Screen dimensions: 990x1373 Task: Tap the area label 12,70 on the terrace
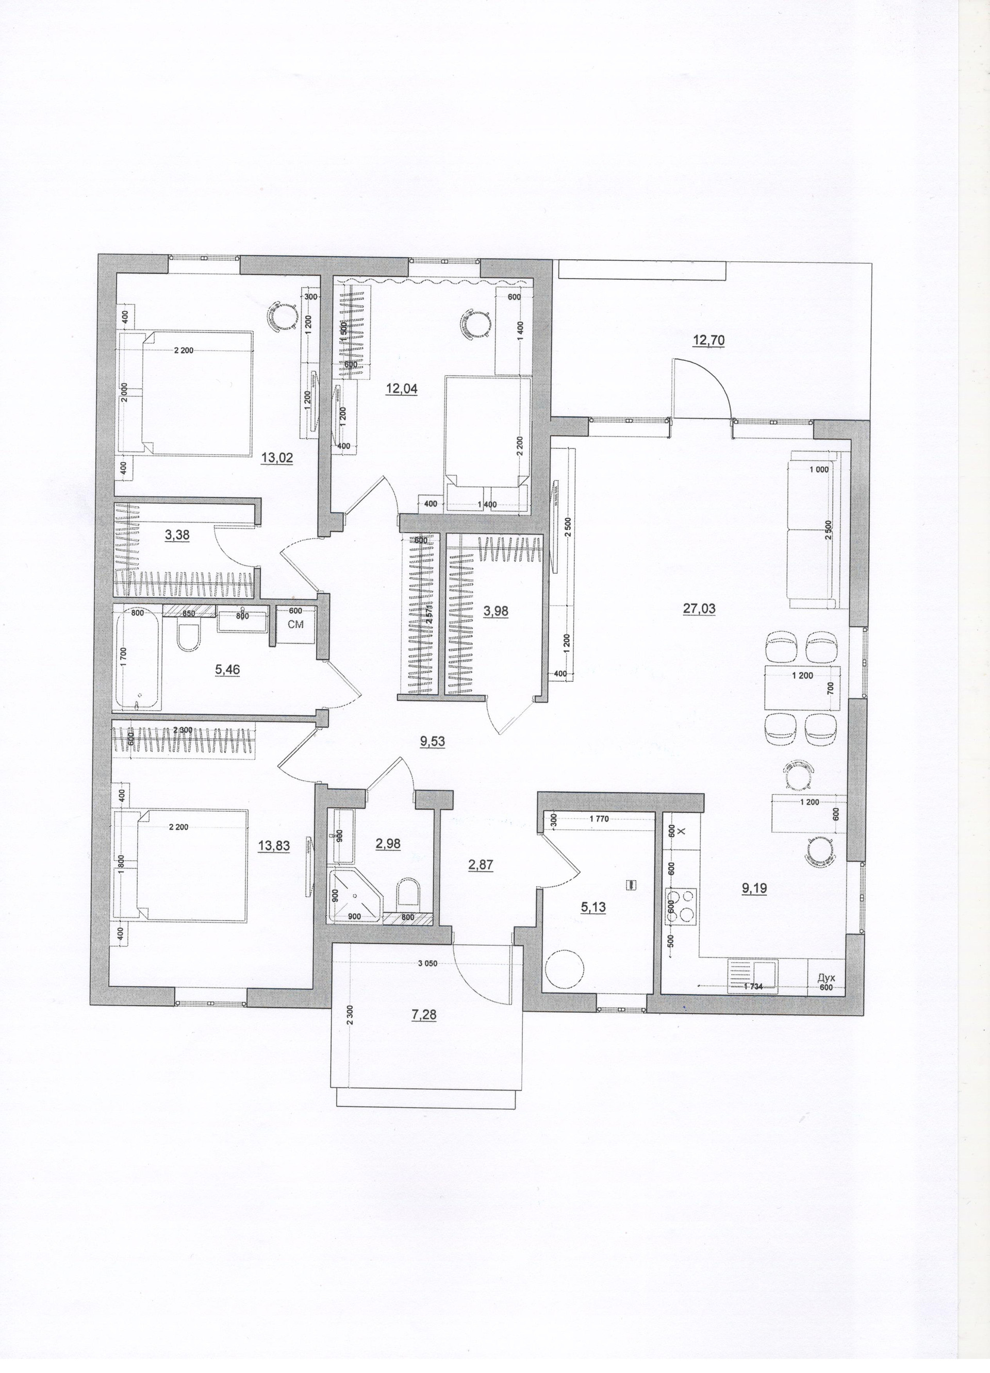(x=708, y=340)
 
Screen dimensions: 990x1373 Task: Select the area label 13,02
(x=277, y=458)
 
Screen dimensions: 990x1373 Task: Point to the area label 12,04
(x=402, y=389)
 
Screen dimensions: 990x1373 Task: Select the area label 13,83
(x=274, y=847)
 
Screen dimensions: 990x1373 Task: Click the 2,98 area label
(x=388, y=843)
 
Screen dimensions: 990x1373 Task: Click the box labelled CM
(x=295, y=625)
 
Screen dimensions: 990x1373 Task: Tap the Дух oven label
(x=827, y=978)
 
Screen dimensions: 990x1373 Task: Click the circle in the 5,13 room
(x=564, y=970)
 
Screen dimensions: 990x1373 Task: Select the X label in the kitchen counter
(x=681, y=832)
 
